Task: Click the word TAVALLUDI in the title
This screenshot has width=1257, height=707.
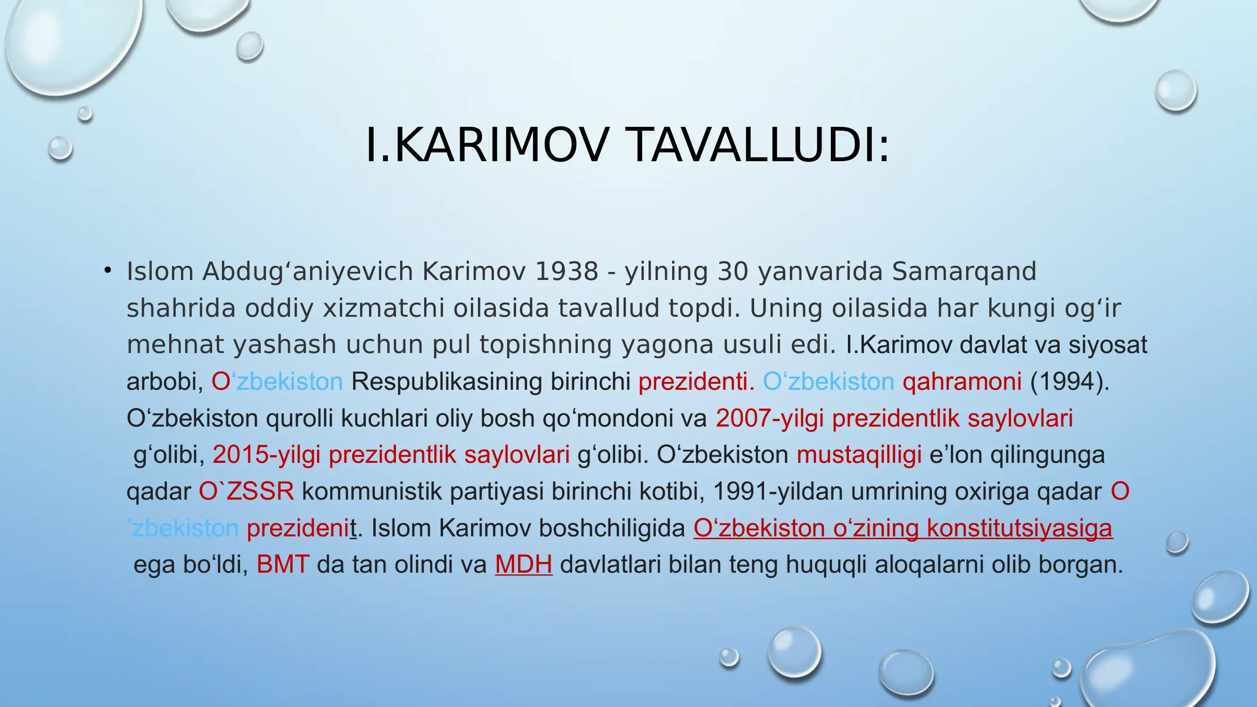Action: (x=759, y=145)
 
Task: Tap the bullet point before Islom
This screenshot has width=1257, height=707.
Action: (x=108, y=270)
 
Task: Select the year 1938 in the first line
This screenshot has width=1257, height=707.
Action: (x=567, y=271)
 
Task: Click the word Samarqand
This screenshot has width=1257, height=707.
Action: (x=964, y=271)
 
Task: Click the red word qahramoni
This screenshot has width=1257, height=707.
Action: (x=962, y=382)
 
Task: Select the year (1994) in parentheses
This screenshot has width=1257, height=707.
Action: (x=1069, y=382)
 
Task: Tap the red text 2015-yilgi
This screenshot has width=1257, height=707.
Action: (x=266, y=455)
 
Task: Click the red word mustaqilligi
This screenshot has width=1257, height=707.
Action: (x=859, y=455)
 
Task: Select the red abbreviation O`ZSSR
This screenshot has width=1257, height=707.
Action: (x=246, y=491)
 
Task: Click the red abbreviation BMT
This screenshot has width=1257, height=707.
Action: (x=282, y=565)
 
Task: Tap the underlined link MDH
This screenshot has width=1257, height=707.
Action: (x=524, y=565)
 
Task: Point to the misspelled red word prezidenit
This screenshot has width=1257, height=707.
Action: (x=302, y=528)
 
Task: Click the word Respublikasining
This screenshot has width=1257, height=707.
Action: (x=446, y=382)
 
